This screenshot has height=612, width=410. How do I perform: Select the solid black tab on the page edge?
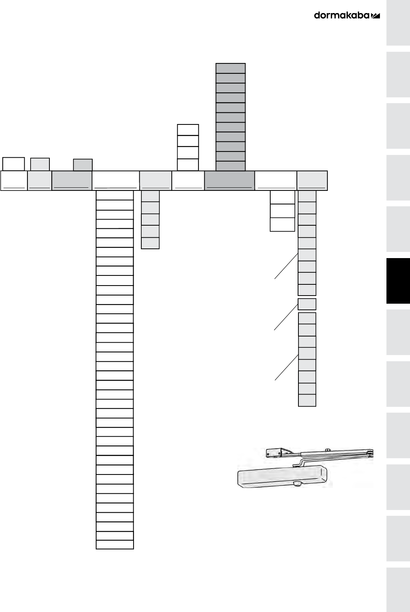click(x=398, y=281)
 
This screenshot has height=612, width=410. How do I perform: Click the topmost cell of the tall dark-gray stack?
click(x=230, y=68)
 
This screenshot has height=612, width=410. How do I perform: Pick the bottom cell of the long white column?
click(x=115, y=544)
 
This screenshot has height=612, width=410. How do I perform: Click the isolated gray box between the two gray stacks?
click(x=307, y=304)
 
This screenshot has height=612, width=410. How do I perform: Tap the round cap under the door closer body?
click(x=297, y=484)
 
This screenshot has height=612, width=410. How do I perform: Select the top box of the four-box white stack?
click(x=188, y=130)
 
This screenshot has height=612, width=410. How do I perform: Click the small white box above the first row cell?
click(x=14, y=163)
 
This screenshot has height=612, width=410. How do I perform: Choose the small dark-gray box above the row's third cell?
click(x=83, y=165)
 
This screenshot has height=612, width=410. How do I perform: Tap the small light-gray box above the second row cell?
click(x=40, y=164)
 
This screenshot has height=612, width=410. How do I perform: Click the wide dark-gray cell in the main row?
click(x=229, y=180)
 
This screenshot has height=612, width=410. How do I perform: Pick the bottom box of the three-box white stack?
click(x=283, y=224)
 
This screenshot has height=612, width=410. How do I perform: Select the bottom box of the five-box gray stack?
click(x=150, y=243)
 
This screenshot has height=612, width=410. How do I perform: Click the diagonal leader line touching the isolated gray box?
click(x=286, y=317)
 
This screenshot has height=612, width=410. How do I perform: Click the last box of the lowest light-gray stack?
click(x=307, y=400)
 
